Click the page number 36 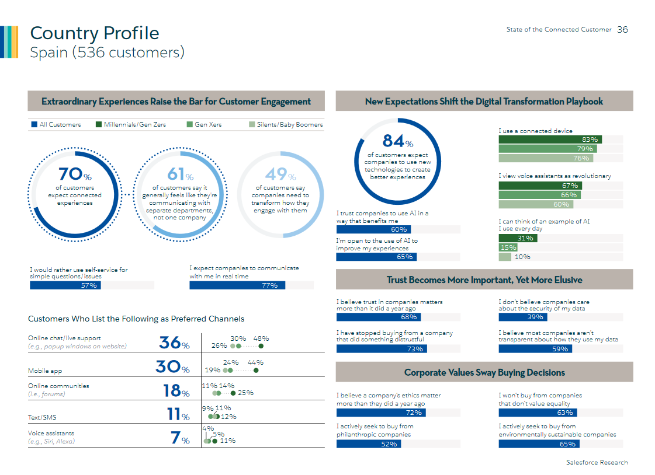(622, 29)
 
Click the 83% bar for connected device (550, 139)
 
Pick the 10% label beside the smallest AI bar (522, 257)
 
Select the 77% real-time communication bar (237, 285)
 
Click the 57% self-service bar (65, 285)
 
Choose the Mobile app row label (45, 371)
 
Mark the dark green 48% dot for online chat (261, 345)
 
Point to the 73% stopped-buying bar (382, 349)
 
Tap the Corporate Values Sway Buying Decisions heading (484, 372)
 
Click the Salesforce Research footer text (597, 462)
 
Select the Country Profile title (94, 33)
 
